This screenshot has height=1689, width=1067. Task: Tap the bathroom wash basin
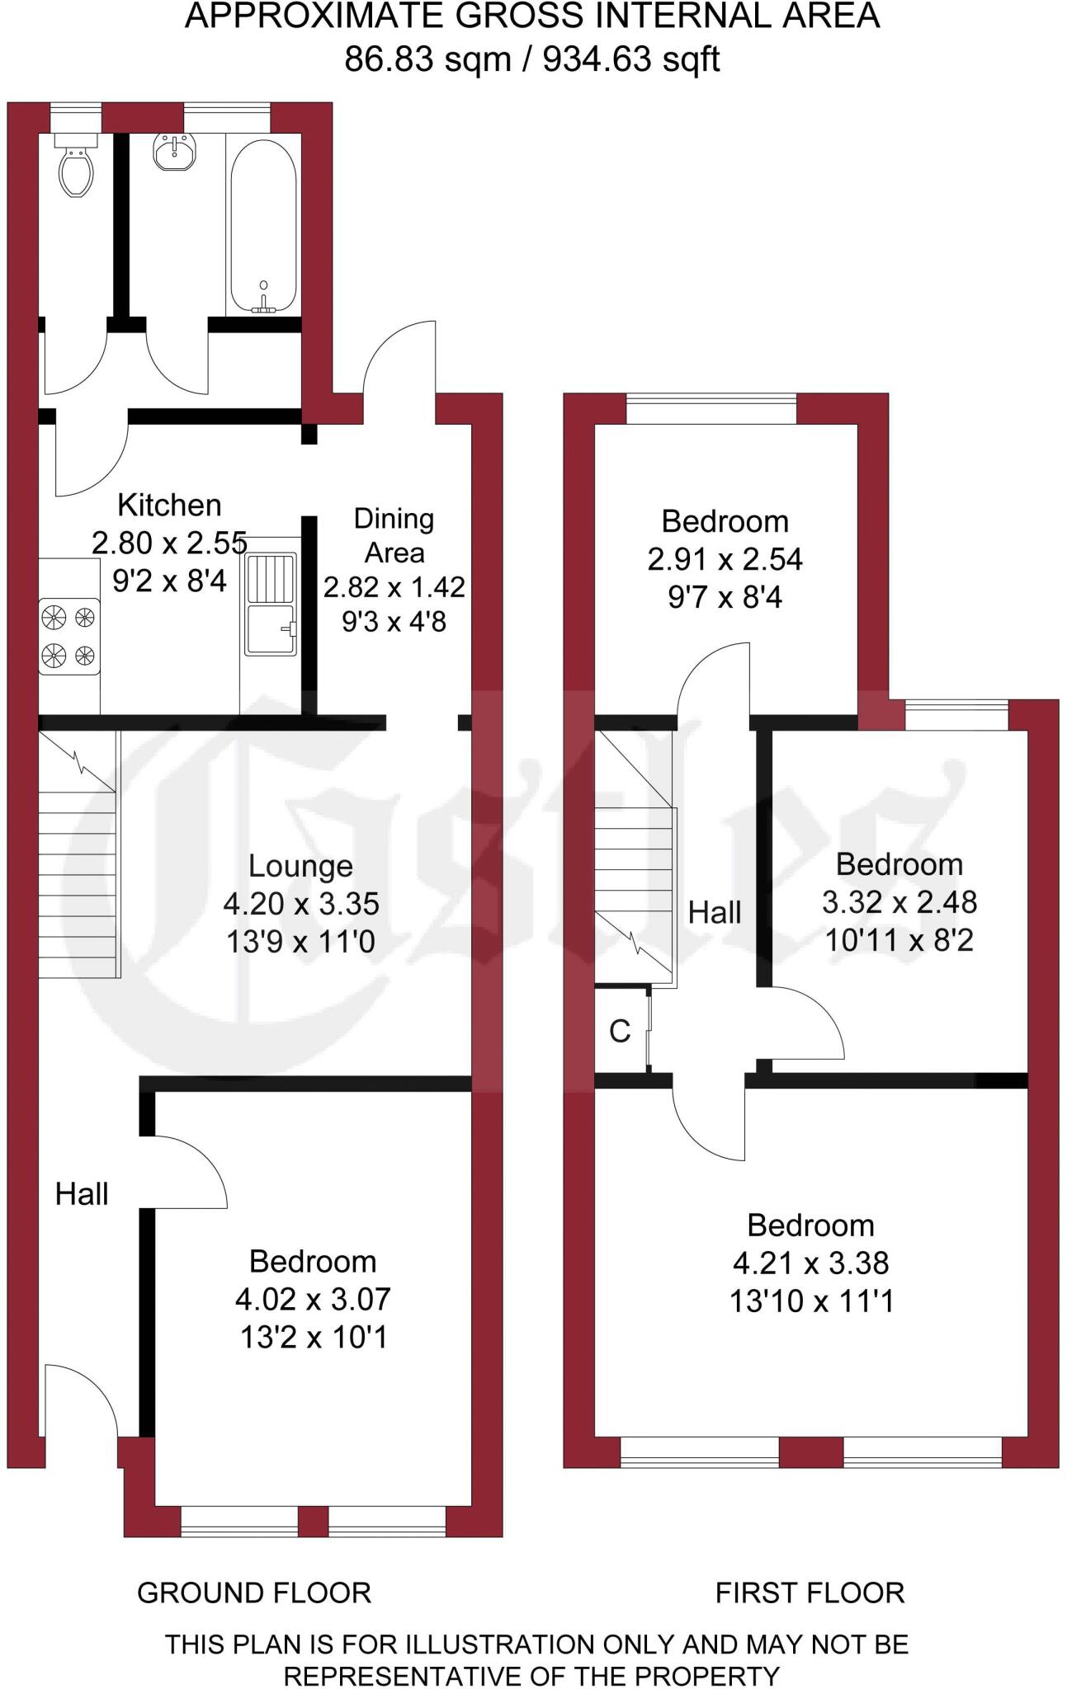pos(174,152)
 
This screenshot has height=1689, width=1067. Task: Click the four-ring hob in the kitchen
pos(68,636)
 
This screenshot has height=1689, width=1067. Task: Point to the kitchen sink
pos(271,605)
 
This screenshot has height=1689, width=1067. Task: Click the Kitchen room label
pos(169,505)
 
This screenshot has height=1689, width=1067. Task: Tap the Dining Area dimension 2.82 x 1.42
pos(394,587)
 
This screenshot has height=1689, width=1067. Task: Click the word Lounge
pos(300,866)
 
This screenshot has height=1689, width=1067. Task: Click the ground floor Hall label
pos(82,1193)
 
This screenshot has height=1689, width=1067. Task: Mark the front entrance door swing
pos(81,1402)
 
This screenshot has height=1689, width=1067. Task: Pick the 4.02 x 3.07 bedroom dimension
pos(313,1299)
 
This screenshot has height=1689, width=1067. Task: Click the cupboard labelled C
pos(620,1031)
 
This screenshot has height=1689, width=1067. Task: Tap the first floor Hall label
pos(715,912)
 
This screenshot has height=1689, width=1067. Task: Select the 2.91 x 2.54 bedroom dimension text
pos(725,559)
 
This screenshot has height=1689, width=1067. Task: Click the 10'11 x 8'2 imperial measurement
pos(899,939)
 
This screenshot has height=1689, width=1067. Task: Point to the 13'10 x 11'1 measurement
pos(811,1301)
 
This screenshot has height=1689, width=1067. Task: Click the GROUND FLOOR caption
pos(254,1593)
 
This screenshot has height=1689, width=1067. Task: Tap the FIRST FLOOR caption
pos(810,1593)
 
